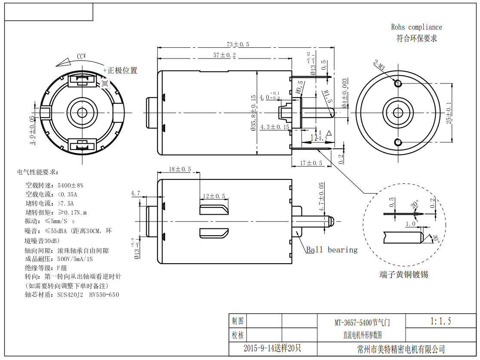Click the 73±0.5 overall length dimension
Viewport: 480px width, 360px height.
pyautogui.click(x=238, y=44)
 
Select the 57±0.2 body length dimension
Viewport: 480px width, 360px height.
pyautogui.click(x=225, y=55)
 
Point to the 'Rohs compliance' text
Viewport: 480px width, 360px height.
pyautogui.click(x=416, y=27)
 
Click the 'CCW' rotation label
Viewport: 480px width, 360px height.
pyautogui.click(x=81, y=56)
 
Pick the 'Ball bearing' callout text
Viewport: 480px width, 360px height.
pyautogui.click(x=332, y=250)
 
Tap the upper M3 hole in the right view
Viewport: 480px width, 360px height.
pyautogui.click(x=398, y=83)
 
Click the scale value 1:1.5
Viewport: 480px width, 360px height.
pyautogui.click(x=440, y=321)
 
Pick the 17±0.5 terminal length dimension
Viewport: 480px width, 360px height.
pyautogui.click(x=311, y=163)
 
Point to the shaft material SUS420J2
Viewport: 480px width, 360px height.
pyautogui.click(x=70, y=295)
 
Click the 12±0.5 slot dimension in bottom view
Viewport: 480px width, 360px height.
pyautogui.click(x=214, y=196)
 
